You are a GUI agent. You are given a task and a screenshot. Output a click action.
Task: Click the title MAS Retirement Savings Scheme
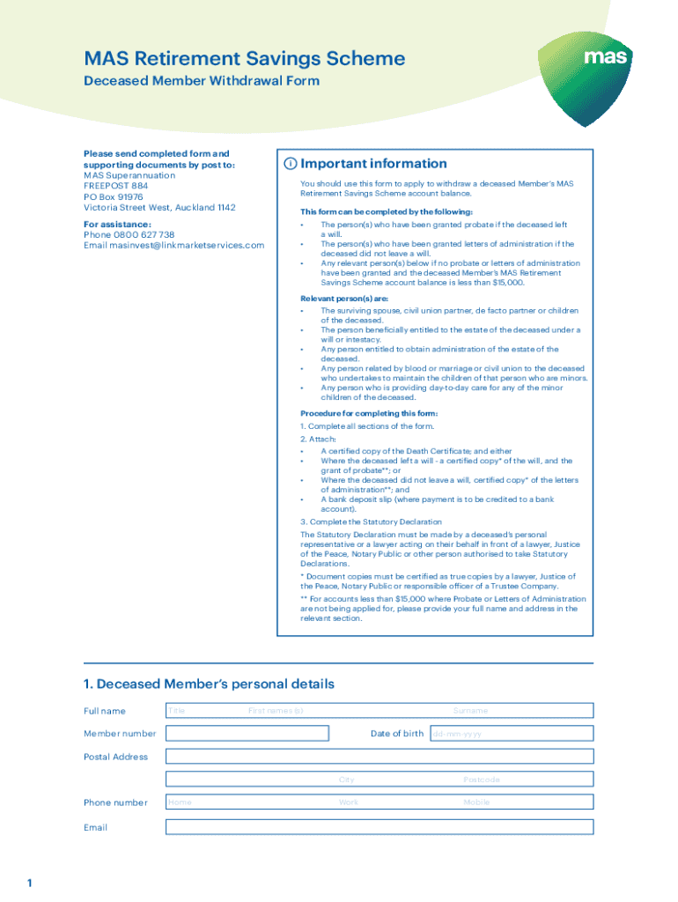245,59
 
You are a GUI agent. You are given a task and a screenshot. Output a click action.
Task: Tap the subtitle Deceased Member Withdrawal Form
202,81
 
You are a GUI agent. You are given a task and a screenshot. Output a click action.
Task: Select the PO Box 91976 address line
114,197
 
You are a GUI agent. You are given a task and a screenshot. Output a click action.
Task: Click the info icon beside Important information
289,164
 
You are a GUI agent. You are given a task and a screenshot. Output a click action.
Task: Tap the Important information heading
373,164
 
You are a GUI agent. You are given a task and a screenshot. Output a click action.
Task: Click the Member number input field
247,733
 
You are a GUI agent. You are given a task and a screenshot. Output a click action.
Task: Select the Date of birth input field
511,733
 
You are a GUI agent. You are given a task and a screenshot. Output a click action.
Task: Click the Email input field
380,827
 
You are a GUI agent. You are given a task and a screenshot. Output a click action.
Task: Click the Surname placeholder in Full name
470,711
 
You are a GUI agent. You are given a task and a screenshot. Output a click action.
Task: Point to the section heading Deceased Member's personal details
209,684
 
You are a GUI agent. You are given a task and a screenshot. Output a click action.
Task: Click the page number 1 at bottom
29,884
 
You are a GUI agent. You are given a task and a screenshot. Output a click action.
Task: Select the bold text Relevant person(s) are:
344,299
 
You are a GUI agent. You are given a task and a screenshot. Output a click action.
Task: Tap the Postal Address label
116,757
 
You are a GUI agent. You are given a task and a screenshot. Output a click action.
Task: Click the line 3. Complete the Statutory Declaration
371,521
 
